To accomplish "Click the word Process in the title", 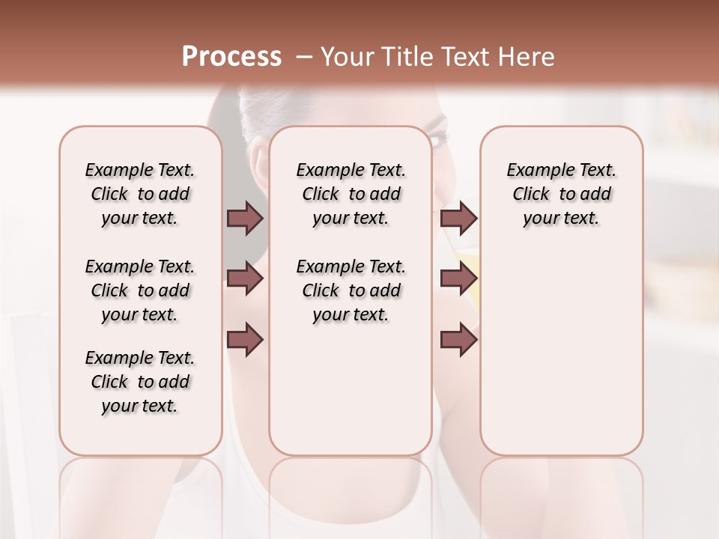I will click(231, 57).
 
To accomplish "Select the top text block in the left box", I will click(140, 194).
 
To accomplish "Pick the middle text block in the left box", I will click(140, 290).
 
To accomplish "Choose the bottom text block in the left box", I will click(140, 382).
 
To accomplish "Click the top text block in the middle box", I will click(351, 194).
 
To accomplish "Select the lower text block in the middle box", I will click(351, 290).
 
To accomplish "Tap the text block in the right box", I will click(561, 194).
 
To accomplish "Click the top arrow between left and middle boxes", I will click(245, 218).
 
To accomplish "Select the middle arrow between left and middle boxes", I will click(245, 279).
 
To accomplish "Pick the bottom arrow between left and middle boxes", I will click(245, 340).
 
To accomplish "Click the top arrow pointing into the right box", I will click(458, 218).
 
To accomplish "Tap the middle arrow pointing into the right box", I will click(458, 279).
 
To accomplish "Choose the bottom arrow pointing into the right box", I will click(458, 340).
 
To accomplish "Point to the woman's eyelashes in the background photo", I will click(438, 138).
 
